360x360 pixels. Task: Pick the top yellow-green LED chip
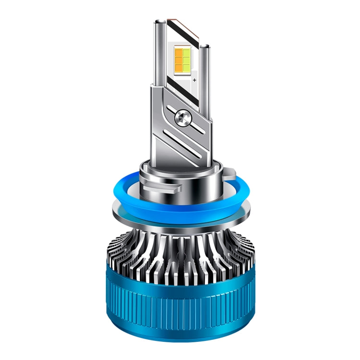point(186,50)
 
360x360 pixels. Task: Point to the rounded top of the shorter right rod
point(205,45)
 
